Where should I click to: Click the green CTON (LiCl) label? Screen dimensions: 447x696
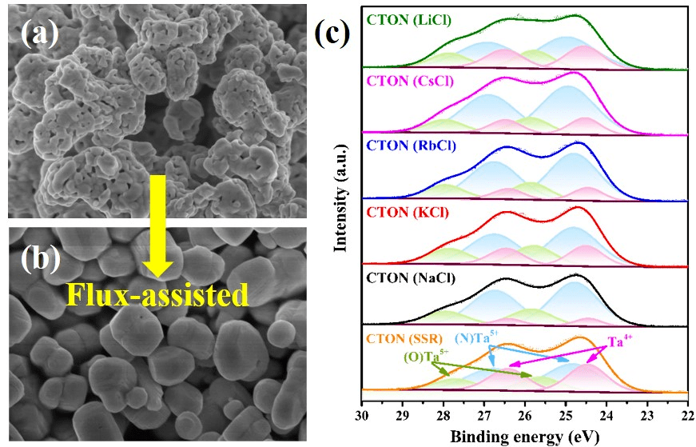point(408,18)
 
